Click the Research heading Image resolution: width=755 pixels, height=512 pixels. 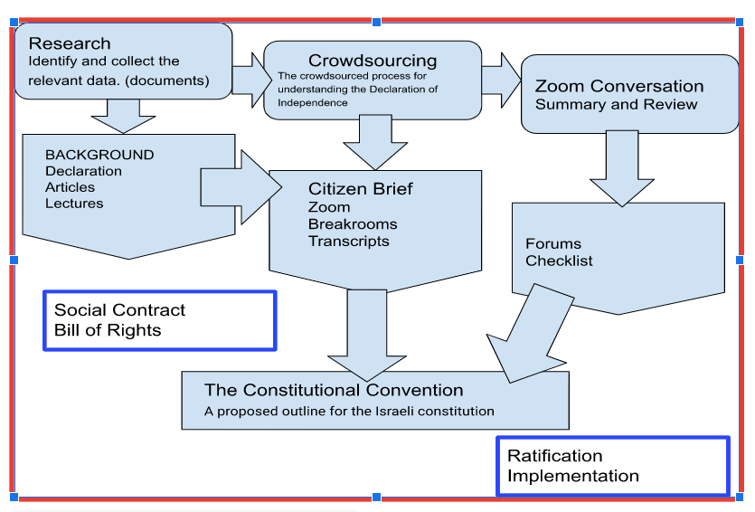70,43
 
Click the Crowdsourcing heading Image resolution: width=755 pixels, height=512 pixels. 373,61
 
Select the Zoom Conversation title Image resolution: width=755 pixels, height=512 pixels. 618,86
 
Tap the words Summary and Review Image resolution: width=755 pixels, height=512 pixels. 616,104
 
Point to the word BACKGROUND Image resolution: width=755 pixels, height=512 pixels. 99,155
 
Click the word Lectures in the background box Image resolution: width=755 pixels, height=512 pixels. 74,204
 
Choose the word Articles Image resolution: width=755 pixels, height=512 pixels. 70,187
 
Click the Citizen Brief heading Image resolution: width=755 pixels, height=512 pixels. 361,188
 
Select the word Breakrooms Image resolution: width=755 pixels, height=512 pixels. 353,224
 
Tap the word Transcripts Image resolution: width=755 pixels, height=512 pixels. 349,241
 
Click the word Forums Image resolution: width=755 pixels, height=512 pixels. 553,243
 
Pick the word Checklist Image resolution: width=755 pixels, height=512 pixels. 559,261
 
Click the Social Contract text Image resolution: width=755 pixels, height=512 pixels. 119,310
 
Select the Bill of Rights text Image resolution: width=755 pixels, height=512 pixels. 108,330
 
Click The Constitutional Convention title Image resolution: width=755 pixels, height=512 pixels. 334,390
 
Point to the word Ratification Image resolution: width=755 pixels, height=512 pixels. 554,456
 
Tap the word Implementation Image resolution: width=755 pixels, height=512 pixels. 572,476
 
